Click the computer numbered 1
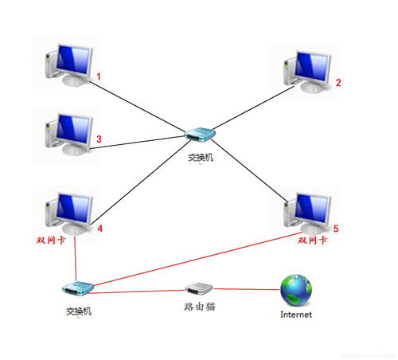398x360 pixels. pyautogui.click(x=70, y=65)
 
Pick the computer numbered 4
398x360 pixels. pyautogui.click(x=69, y=209)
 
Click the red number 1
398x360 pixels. pyautogui.click(x=99, y=77)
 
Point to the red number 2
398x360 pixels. pyautogui.click(x=338, y=82)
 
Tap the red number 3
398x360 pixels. pyautogui.click(x=99, y=139)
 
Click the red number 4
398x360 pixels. pyautogui.click(x=100, y=229)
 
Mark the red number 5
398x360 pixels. pyautogui.click(x=336, y=229)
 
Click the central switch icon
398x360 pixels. pyautogui.click(x=196, y=138)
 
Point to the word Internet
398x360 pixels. pyautogui.click(x=296, y=315)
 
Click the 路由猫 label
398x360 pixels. pyautogui.click(x=198, y=306)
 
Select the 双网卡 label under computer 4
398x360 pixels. pyautogui.click(x=52, y=239)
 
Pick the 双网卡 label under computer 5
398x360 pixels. pyautogui.click(x=313, y=239)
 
